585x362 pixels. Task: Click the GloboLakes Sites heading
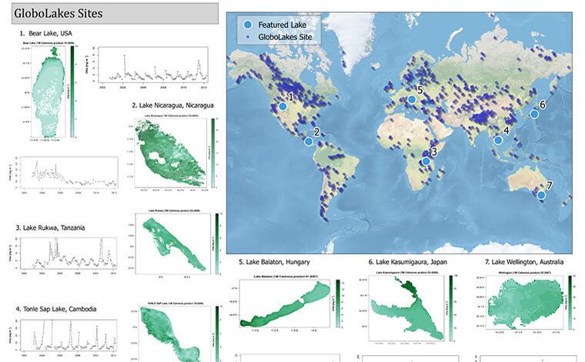pos(58,12)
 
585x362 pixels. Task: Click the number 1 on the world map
pos(290,96)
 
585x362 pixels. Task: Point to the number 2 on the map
pos(317,132)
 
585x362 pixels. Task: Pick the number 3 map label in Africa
pos(434,153)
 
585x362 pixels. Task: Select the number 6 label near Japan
pos(542,104)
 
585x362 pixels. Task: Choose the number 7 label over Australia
pos(549,186)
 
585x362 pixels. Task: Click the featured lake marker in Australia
pos(541,195)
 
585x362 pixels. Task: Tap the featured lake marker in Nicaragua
pos(309,141)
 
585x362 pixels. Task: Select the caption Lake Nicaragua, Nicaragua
pos(172,105)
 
